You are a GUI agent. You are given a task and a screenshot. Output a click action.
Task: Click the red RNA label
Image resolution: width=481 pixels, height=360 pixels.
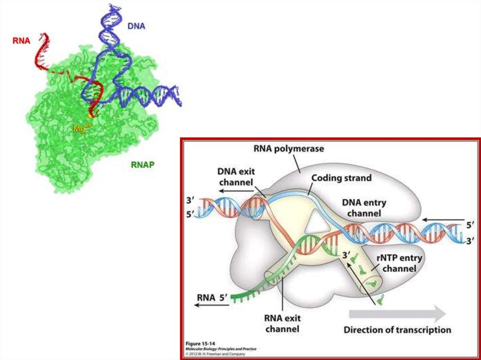[21, 40]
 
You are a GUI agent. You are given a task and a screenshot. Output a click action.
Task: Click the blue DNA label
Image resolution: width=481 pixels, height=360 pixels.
[136, 26]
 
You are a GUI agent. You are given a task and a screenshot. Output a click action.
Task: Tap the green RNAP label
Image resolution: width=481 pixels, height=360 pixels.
[143, 164]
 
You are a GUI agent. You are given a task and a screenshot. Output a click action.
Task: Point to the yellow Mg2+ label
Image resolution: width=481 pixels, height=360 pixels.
[81, 127]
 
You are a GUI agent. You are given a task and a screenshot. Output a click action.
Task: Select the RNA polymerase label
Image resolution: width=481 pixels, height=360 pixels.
[288, 149]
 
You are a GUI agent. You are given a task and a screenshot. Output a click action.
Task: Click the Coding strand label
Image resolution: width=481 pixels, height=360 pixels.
[341, 178]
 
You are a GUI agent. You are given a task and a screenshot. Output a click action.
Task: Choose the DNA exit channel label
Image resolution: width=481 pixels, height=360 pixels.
[235, 177]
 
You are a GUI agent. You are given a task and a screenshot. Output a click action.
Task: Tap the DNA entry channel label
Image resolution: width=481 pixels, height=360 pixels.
[364, 208]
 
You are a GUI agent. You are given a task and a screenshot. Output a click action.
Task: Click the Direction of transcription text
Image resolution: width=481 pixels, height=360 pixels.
[397, 329]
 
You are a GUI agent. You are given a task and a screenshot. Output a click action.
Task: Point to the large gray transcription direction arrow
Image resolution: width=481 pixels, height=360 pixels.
[397, 313]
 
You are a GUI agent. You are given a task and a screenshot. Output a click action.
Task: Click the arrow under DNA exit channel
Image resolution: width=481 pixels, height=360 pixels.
[235, 191]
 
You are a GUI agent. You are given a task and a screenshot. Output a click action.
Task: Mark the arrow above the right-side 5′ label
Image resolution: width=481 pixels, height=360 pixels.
[442, 219]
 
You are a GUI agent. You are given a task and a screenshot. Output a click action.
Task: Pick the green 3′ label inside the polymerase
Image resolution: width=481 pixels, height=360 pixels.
[346, 256]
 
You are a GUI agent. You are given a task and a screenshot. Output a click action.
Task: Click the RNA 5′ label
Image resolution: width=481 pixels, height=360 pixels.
[213, 297]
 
